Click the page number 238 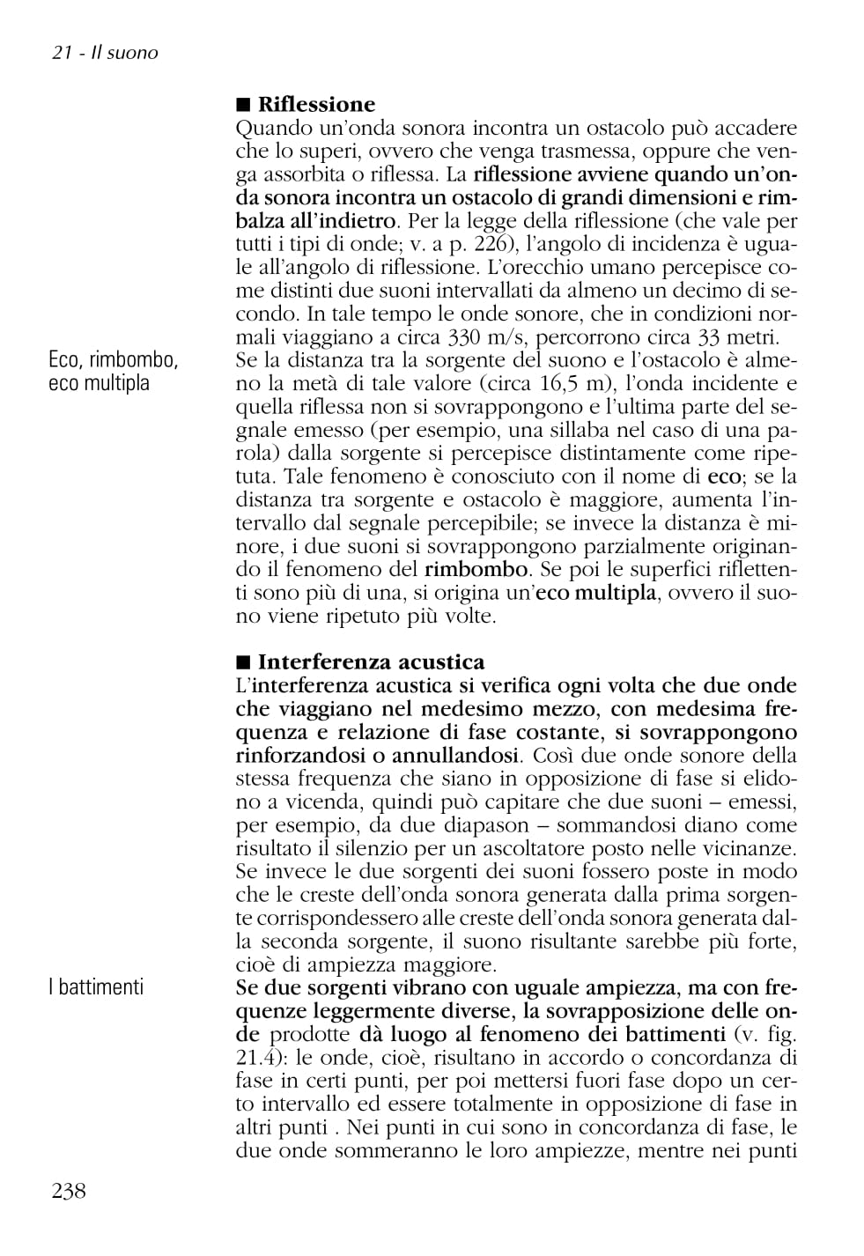click(x=70, y=1192)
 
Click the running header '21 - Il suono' click(x=105, y=53)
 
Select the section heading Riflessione click(x=316, y=106)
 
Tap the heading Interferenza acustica click(x=371, y=662)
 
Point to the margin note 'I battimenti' click(x=96, y=987)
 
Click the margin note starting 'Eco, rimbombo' click(x=114, y=371)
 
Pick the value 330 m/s click(x=487, y=337)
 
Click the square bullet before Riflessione click(x=243, y=106)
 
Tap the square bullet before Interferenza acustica click(x=243, y=662)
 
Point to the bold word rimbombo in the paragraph click(x=476, y=570)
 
